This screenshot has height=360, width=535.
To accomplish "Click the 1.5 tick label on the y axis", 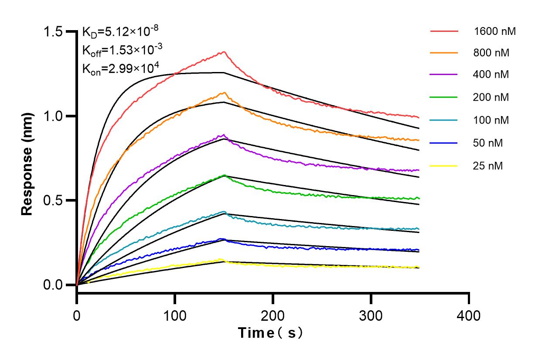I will point(54,32).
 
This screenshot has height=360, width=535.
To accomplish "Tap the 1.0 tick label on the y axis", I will point(54,117).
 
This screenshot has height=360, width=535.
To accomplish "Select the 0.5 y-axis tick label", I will point(54,201).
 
